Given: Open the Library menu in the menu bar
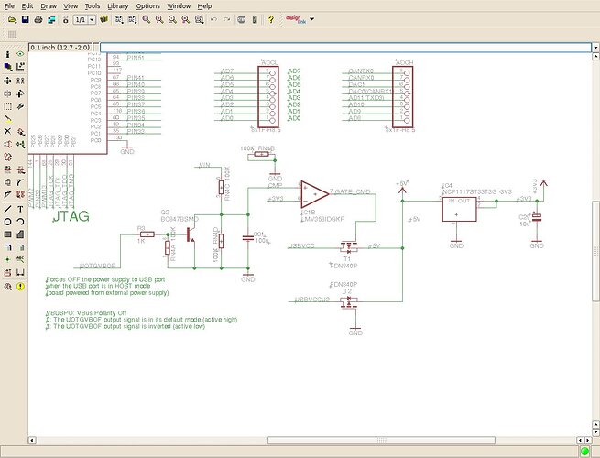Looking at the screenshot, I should click(x=117, y=5).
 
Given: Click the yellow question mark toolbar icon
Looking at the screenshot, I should click(x=270, y=19).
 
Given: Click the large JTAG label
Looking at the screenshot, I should click(x=71, y=218).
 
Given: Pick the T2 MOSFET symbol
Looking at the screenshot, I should click(x=348, y=300).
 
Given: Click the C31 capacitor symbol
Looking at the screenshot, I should click(x=246, y=237).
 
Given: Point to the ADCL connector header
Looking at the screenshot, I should click(x=271, y=95).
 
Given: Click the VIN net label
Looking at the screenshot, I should click(x=204, y=166).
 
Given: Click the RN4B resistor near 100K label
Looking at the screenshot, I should click(x=263, y=155).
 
